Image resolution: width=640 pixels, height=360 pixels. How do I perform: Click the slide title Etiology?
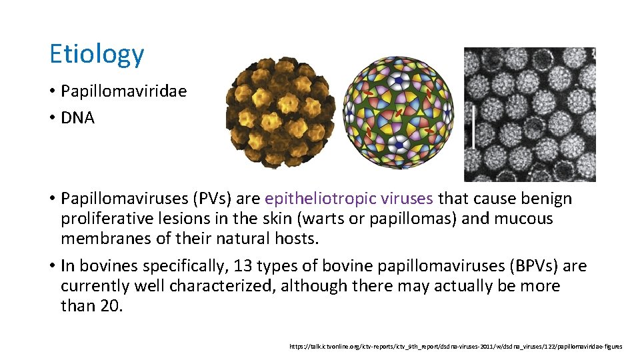(x=97, y=55)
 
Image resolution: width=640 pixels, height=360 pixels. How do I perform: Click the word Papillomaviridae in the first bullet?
(x=123, y=91)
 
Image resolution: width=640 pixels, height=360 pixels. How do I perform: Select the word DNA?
(x=78, y=118)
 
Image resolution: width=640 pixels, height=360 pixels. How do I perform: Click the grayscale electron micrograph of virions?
(x=533, y=114)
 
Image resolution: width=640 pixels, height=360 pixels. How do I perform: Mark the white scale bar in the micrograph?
(x=473, y=126)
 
